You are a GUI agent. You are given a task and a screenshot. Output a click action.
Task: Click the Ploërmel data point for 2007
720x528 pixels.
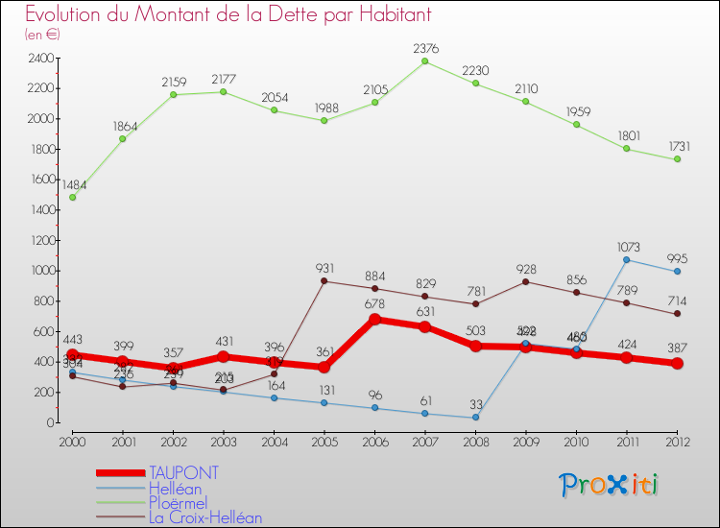[425, 61]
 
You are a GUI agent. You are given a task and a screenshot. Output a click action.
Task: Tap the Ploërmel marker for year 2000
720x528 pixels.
[72, 198]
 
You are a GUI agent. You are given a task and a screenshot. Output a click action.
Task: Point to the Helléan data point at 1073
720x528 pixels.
[627, 259]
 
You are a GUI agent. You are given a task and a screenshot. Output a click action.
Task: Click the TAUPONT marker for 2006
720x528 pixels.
[374, 320]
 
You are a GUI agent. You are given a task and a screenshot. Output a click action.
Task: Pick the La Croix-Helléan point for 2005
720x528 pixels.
[324, 281]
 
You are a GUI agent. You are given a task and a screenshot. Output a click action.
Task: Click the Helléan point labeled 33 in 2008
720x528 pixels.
[475, 418]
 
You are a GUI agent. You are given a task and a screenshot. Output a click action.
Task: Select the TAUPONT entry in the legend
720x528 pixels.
[183, 473]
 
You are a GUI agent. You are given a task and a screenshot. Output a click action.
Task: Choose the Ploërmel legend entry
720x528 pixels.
[178, 503]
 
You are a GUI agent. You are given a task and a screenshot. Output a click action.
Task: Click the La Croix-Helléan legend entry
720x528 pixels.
[205, 517]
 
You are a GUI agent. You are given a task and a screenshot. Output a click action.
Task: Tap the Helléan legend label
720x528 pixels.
[176, 489]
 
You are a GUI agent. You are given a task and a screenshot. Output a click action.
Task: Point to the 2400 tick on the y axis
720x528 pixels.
[39, 59]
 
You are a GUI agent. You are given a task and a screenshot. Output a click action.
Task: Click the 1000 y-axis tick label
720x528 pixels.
[39, 271]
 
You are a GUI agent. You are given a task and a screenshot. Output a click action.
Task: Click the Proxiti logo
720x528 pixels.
[610, 485]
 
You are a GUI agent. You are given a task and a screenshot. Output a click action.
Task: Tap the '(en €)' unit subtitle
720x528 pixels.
[42, 34]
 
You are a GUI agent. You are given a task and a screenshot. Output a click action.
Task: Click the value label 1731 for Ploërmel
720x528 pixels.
[677, 146]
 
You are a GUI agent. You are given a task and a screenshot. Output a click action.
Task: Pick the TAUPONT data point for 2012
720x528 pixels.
[677, 364]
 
